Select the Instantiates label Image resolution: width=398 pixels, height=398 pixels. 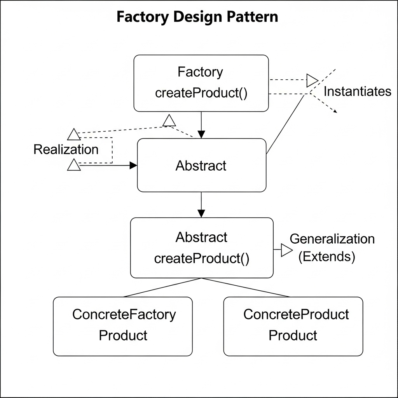357,91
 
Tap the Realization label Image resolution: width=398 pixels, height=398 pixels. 66,150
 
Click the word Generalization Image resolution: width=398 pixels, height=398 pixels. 332,239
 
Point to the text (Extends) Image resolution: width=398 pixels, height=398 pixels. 326,257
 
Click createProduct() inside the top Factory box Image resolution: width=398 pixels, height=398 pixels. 201,93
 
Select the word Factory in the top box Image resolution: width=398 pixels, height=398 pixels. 201,72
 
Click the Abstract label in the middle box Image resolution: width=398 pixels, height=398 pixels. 201,166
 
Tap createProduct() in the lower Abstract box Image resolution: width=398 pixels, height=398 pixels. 201,258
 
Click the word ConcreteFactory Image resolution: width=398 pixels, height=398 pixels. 124,314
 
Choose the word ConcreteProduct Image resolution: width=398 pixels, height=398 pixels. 296,314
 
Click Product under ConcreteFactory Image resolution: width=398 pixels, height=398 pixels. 123,335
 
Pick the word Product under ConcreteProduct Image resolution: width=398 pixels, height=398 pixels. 293,335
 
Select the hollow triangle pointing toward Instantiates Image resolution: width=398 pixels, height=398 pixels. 312,80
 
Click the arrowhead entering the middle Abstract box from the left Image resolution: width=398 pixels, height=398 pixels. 133,166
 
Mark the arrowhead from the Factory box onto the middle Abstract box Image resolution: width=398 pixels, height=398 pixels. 201,134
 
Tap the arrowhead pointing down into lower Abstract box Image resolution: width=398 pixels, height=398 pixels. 201,213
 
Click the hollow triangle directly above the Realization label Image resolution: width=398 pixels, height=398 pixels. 73,134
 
